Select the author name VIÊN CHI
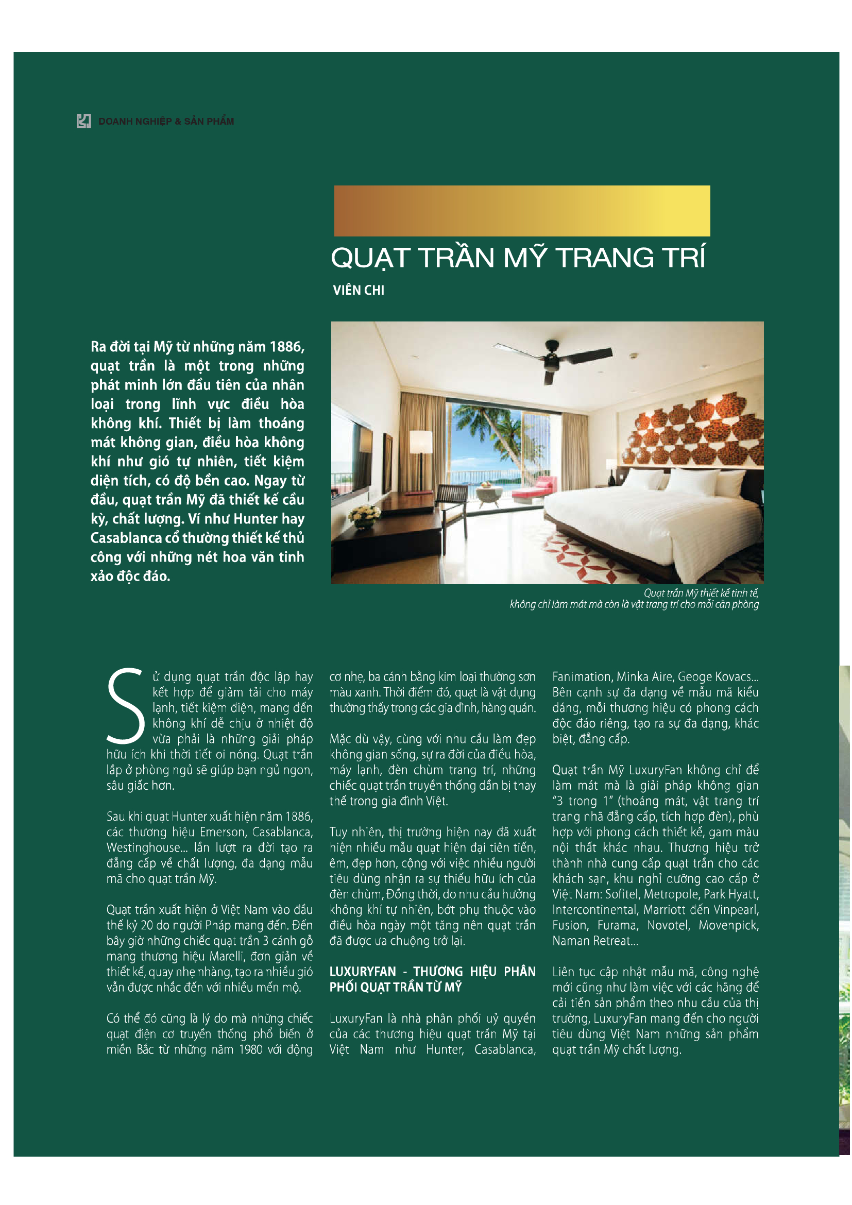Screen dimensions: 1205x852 359,290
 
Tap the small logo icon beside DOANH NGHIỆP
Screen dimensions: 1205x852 84,121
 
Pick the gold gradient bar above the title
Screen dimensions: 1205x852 521,211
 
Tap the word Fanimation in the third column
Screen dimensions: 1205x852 581,676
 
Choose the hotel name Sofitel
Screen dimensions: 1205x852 622,894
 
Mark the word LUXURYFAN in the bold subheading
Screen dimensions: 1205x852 363,972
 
